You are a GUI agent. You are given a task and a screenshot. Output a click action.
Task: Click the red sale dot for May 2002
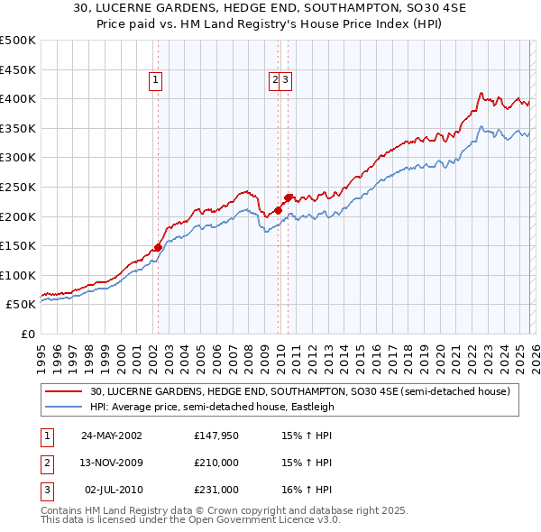pos(158,246)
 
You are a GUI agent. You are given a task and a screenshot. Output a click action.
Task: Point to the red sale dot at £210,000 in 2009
pos(278,210)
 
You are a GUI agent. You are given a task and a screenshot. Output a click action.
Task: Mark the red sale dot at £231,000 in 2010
pos(288,197)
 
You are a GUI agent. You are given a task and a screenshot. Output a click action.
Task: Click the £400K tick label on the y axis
pos(18,98)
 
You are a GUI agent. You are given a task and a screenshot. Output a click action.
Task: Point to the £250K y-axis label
pos(18,187)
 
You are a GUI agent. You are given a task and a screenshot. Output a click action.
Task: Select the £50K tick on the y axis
pos(22,305)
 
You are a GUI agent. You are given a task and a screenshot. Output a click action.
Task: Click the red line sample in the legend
pos(64,392)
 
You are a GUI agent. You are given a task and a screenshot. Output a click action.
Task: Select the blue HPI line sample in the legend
pos(64,407)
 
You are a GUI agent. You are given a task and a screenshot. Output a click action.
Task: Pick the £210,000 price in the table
pos(215,463)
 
